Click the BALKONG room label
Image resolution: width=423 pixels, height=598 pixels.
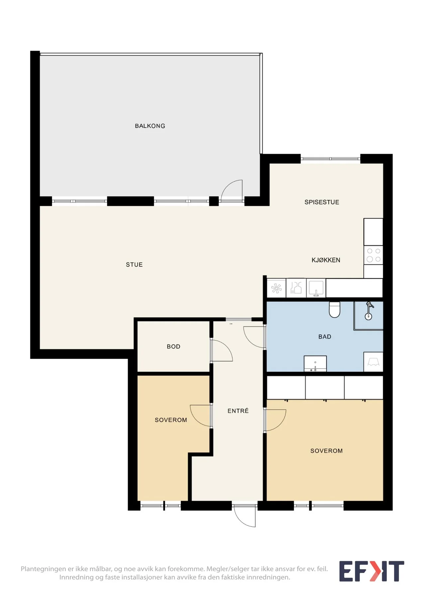pos(150,126)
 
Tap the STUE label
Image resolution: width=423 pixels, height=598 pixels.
pos(134,265)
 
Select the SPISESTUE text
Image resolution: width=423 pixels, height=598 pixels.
pos(322,202)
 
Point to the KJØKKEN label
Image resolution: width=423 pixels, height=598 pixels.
pos(326,260)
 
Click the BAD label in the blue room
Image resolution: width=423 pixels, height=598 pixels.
pos(325,337)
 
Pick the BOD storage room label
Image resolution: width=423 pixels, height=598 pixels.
pos(173,347)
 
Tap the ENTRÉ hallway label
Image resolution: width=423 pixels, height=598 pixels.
pos(238,411)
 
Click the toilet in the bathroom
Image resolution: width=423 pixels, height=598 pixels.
pos(335,310)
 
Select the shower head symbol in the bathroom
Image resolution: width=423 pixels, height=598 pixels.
pos(369,311)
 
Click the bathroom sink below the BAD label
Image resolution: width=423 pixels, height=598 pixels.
pos(315,364)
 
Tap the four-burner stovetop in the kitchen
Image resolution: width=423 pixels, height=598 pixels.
pos(373,255)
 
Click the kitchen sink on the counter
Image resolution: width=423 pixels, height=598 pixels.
pos(316,288)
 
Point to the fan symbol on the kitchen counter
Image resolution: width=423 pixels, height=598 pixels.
pos(276,288)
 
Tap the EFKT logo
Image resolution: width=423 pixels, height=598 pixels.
pos(371,571)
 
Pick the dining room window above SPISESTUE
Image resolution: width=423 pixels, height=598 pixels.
pos(330,159)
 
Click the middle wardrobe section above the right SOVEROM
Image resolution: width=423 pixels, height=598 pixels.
pos(325,387)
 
